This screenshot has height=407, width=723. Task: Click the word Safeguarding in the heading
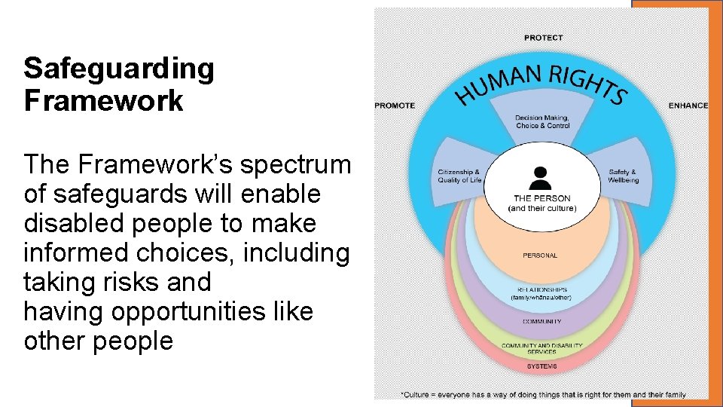[119, 69]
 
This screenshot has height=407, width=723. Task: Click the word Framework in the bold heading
[103, 100]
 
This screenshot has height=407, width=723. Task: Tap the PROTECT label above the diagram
[543, 38]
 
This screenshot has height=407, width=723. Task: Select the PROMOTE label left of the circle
[395, 106]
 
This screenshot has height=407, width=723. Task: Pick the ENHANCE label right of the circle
[688, 106]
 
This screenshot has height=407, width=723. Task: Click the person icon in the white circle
[541, 178]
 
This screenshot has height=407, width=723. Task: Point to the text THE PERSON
[542, 199]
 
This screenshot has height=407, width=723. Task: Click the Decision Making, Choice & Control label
[542, 122]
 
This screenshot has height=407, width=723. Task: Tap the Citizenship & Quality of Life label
[459, 176]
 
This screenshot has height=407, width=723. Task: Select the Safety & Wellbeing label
[624, 176]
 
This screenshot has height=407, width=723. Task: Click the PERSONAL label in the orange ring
[541, 256]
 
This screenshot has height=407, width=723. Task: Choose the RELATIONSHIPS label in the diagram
[541, 290]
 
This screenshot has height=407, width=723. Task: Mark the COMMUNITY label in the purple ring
[541, 322]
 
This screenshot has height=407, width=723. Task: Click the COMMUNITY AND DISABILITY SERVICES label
[541, 348]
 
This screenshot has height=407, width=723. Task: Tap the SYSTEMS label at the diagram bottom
[541, 366]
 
